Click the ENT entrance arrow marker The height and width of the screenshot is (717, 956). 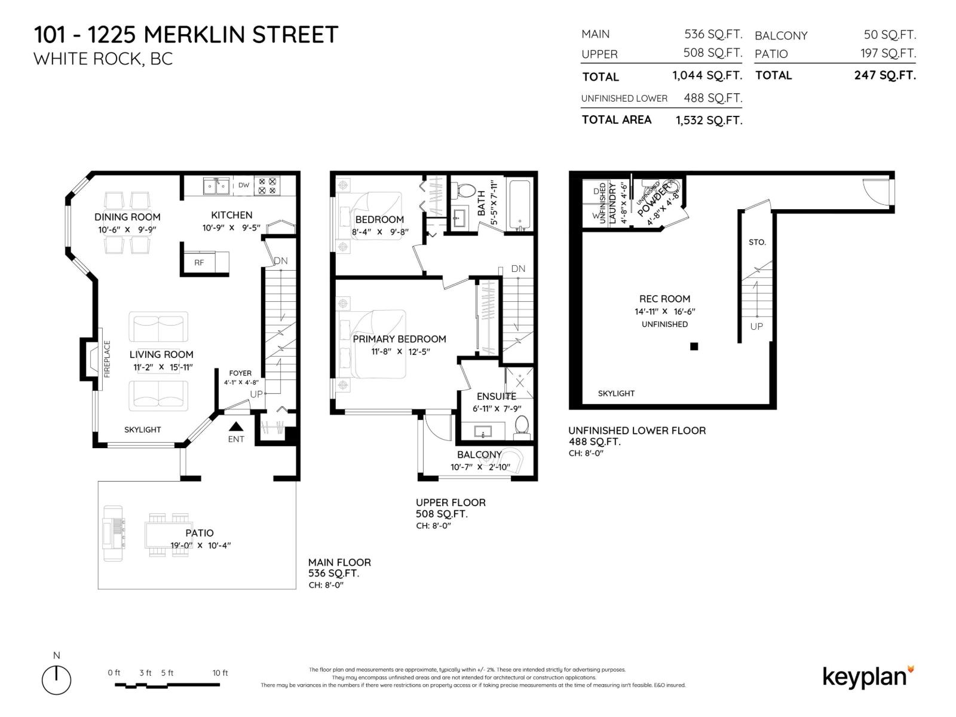coord(237,427)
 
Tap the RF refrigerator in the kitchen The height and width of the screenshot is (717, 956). coord(199,262)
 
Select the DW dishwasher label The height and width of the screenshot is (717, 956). coord(244,185)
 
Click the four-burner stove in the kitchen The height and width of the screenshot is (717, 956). coord(266,186)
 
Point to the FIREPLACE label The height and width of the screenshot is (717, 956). coord(108,359)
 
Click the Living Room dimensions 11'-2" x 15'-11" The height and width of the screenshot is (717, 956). coord(163,367)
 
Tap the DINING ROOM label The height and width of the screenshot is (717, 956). coord(127,217)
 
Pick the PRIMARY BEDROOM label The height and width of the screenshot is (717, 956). coord(399,339)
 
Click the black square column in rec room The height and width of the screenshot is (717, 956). coord(694,346)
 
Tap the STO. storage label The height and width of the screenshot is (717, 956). coord(757,242)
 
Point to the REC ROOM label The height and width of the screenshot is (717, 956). coord(664,299)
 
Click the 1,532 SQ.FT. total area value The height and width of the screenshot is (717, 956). coord(709,120)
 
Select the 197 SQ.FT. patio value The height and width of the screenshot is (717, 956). coord(888,53)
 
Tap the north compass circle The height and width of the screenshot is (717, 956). coord(57,680)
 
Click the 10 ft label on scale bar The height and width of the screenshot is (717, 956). coord(220,673)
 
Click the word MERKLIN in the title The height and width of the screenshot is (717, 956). coord(195,35)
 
